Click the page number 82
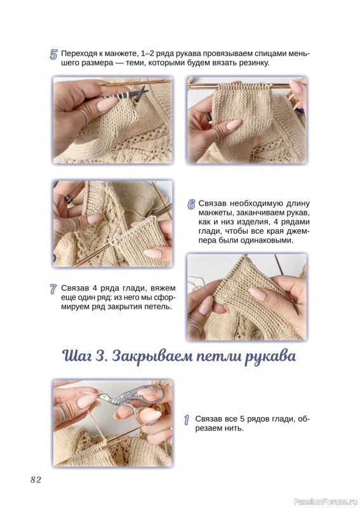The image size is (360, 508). [x=36, y=479]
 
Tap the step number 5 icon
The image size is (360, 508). [x=53, y=55]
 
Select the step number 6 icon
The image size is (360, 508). [x=191, y=204]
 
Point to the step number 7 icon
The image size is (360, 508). [x=53, y=289]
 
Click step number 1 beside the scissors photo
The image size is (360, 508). [x=187, y=420]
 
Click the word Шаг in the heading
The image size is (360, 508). [x=81, y=357]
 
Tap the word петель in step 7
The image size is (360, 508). [x=159, y=307]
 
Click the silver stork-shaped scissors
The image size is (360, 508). [x=133, y=401]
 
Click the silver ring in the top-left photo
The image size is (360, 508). [x=83, y=114]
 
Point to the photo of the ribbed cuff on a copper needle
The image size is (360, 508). [x=246, y=120]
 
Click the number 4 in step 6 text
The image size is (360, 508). [x=279, y=222]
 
